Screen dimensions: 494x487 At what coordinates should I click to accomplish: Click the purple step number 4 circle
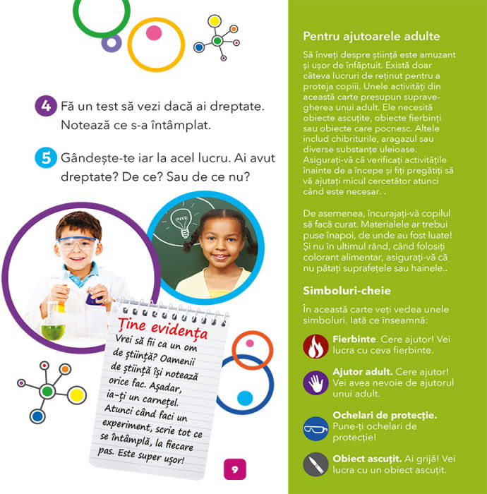tap(45, 107)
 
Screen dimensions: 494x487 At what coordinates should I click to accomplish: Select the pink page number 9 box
tap(235, 469)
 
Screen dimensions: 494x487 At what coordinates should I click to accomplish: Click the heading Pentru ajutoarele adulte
tap(371, 36)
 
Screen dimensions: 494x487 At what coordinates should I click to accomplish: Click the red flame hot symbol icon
tap(315, 346)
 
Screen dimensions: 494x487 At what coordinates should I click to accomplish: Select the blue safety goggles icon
tap(315, 427)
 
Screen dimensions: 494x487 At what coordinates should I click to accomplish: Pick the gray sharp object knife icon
tap(315, 464)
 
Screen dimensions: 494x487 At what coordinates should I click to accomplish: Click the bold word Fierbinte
tap(355, 339)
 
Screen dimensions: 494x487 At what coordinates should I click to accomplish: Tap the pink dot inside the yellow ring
tap(153, 32)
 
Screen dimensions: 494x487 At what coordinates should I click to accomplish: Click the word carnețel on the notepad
tap(177, 398)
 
